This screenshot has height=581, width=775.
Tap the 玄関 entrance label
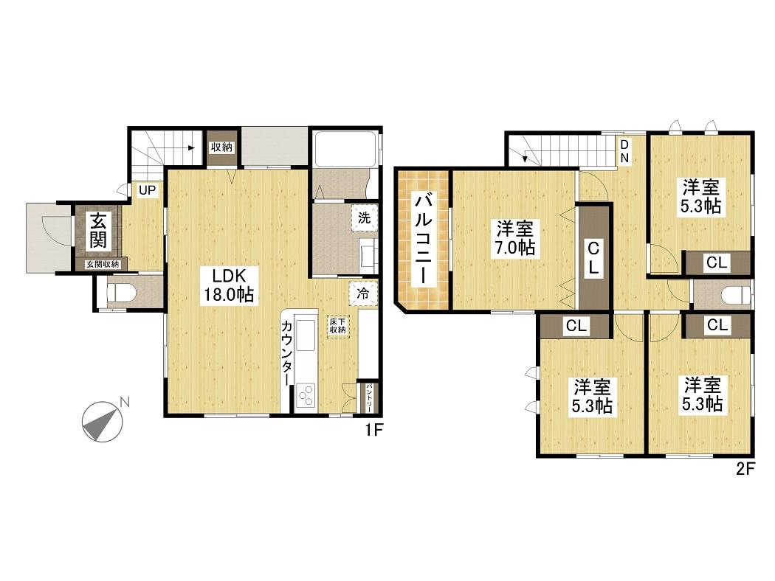(97, 231)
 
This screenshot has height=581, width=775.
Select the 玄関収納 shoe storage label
(103, 264)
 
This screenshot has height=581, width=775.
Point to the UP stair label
(147, 190)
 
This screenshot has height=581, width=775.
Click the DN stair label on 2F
(624, 150)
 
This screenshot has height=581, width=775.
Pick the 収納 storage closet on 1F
(222, 147)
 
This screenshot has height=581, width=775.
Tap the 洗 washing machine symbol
(365, 218)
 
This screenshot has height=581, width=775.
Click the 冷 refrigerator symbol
(363, 293)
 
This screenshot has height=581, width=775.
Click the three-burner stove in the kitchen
(306, 395)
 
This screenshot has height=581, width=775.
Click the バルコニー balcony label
(424, 240)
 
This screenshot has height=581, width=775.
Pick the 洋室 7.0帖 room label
(515, 238)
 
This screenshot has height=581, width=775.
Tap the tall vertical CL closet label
(593, 257)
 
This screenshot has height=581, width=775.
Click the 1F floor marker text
(374, 431)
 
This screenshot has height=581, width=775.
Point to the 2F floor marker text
(745, 469)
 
